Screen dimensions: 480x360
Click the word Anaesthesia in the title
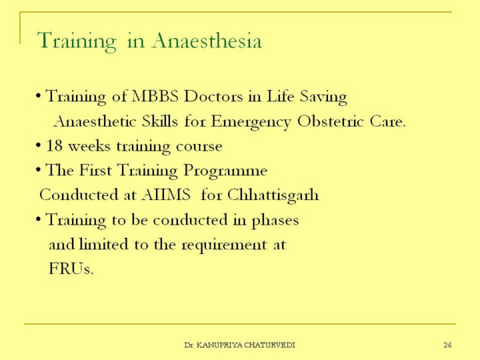tap(207, 41)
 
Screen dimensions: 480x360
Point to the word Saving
tap(323, 97)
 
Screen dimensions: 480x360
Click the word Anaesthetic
tap(95, 121)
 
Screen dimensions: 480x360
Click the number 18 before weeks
tap(55, 146)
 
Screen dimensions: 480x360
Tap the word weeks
tap(89, 146)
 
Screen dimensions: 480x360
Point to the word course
tap(199, 147)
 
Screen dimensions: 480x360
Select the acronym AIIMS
tap(166, 195)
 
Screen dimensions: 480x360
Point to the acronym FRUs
tap(71, 269)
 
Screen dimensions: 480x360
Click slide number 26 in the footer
tap(447, 345)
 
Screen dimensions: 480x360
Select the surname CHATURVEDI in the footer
tap(270, 345)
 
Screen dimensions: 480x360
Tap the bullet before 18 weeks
tap(38, 146)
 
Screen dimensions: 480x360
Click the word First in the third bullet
tap(95, 170)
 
